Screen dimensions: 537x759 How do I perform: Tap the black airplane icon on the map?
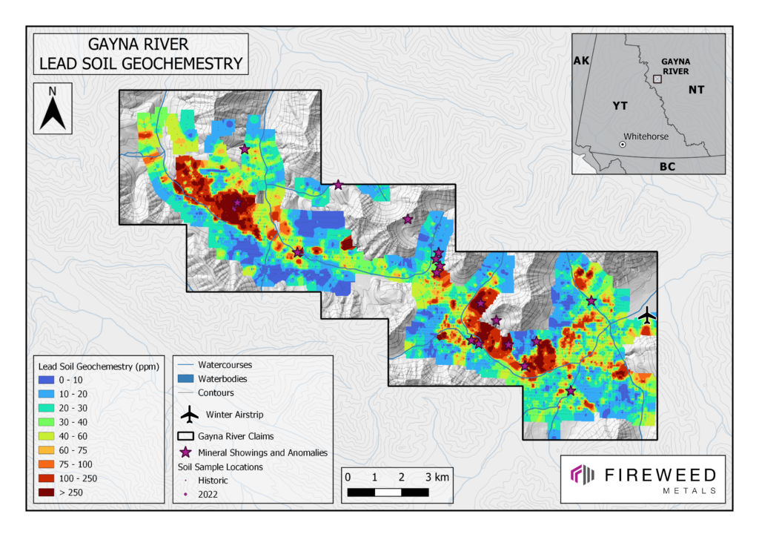point(647,316)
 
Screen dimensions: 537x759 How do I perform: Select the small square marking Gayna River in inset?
point(657,79)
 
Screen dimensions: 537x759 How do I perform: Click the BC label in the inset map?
point(667,167)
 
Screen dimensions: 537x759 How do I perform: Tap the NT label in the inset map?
point(696,90)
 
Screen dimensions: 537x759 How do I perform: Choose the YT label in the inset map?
point(620,106)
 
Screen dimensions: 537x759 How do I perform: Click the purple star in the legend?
point(188,452)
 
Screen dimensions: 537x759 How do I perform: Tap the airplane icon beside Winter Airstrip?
point(190,414)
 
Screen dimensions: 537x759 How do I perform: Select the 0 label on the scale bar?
point(348,476)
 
